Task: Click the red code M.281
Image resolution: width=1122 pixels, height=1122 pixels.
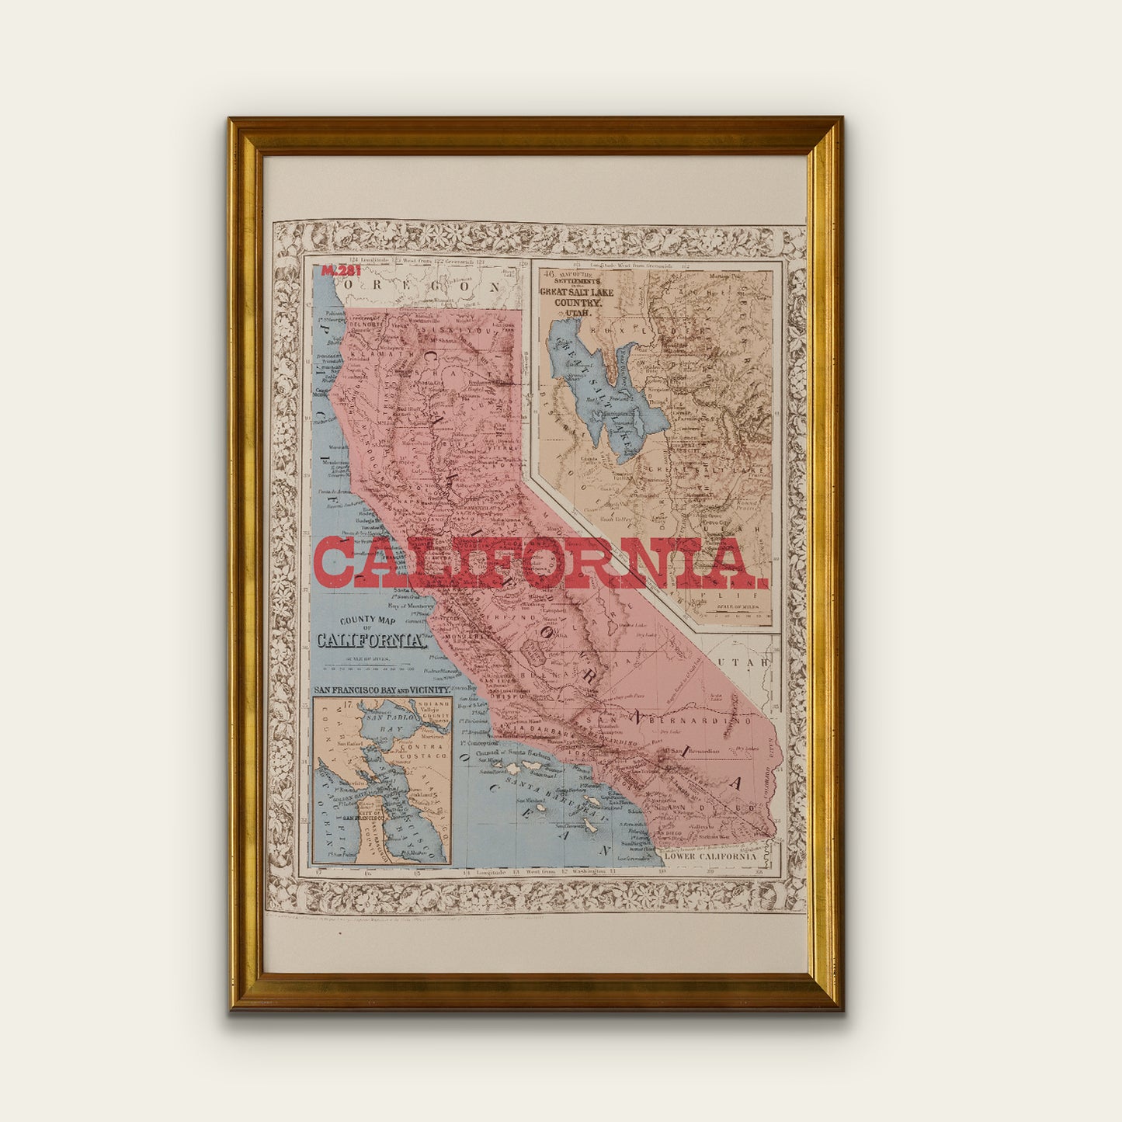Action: point(341,271)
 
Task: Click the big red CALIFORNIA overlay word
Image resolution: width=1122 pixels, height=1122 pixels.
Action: point(540,562)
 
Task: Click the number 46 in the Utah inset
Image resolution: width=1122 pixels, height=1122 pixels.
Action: point(549,273)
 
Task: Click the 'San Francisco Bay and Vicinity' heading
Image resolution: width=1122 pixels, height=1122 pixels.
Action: point(381,690)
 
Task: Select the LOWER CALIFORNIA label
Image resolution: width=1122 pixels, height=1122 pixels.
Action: point(710,856)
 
